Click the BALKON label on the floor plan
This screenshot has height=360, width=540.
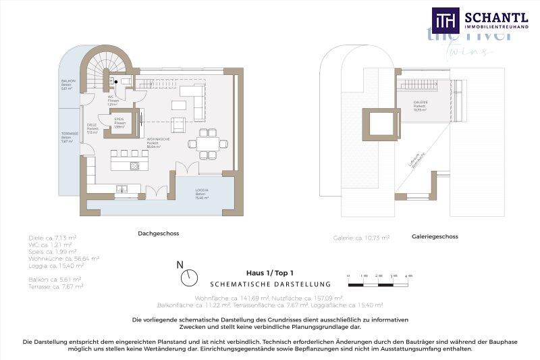coord(68,84)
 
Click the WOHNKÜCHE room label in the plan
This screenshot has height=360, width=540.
coord(157,142)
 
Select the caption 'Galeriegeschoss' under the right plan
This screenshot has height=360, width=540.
coord(435,236)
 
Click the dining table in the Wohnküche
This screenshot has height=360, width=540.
coord(207,143)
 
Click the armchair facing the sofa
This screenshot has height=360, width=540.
coord(179,124)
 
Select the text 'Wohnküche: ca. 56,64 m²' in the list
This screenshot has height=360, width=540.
coord(64,258)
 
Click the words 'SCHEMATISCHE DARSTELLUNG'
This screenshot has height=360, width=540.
coord(269,284)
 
